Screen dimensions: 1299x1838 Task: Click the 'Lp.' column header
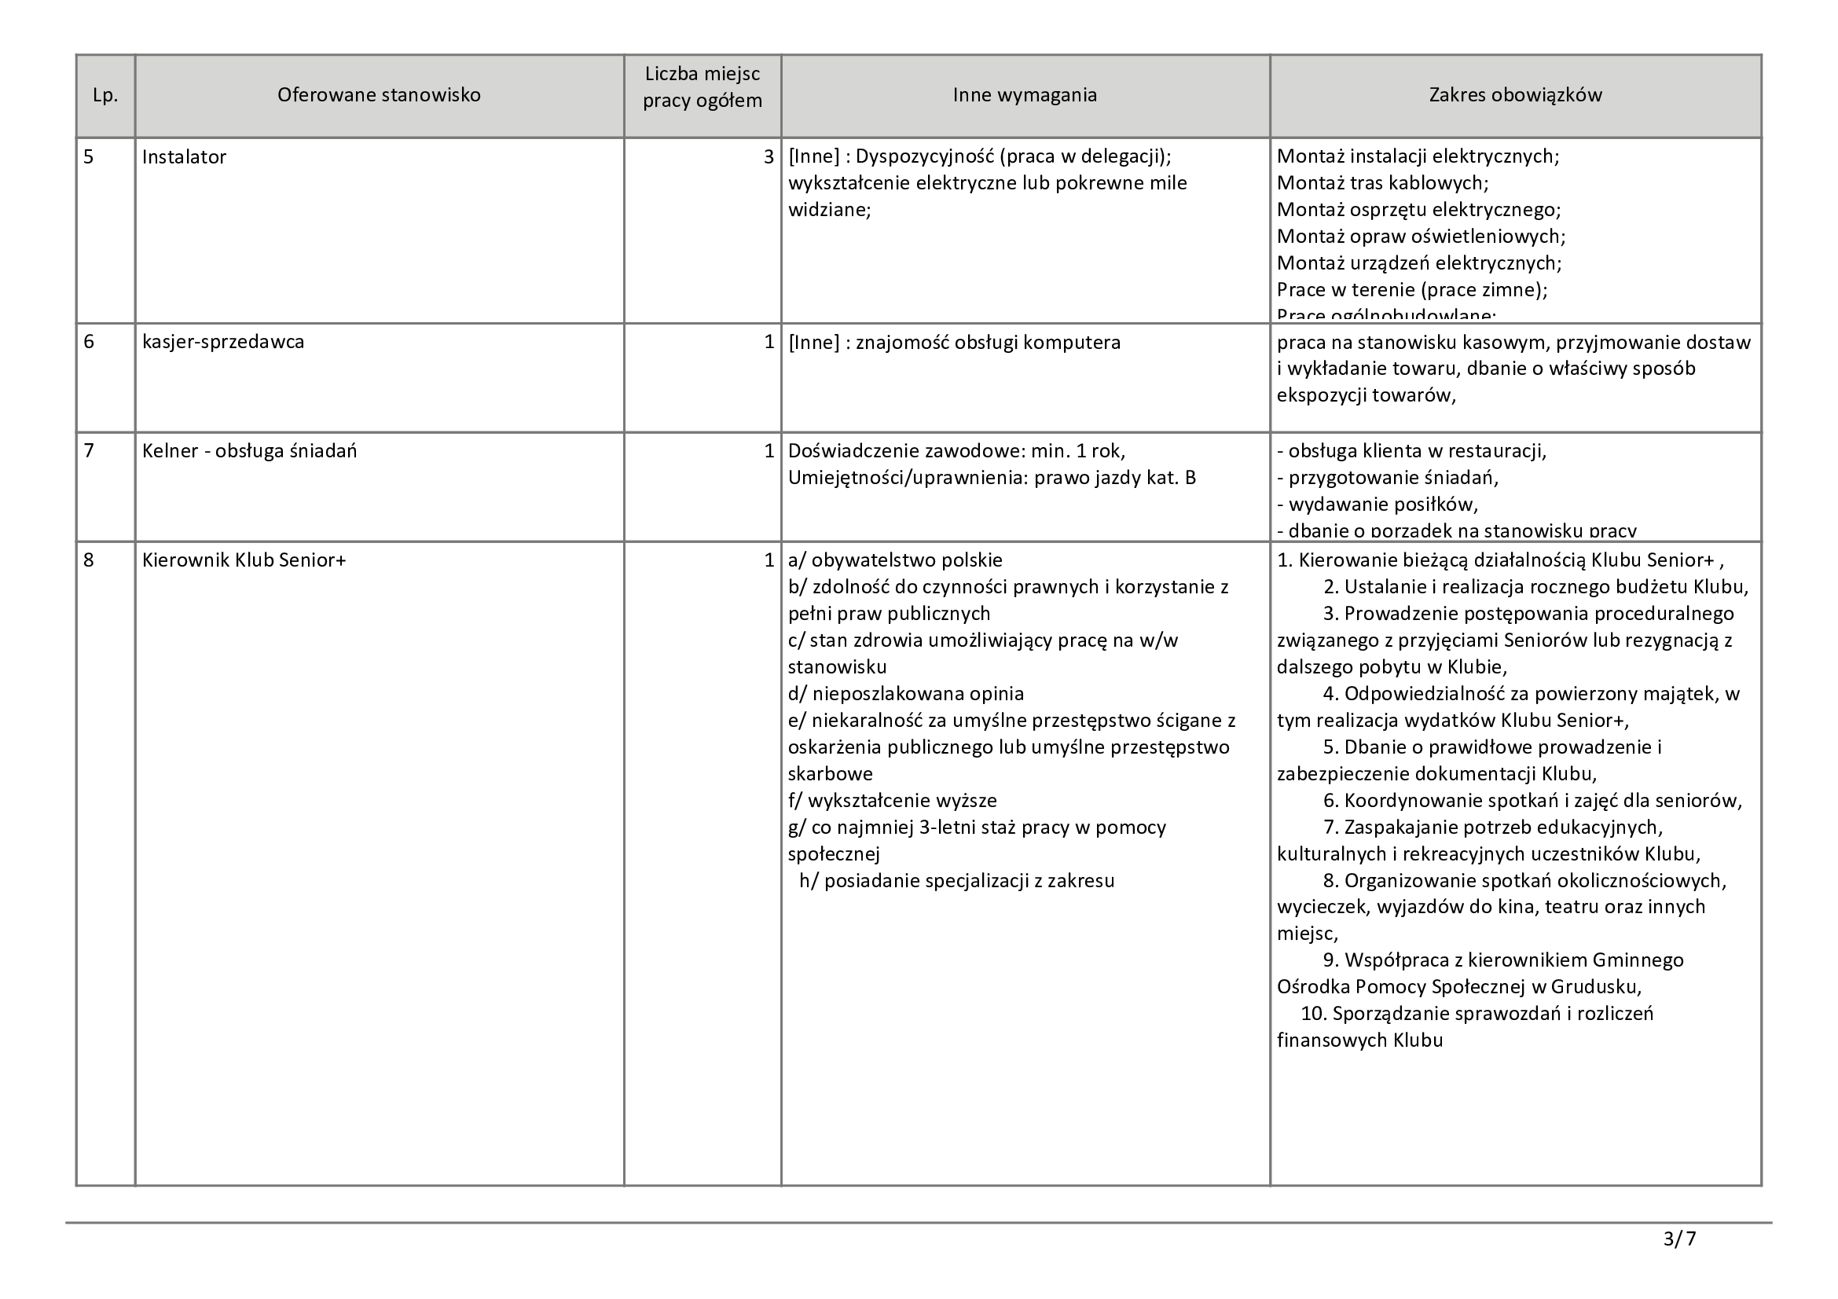[105, 95]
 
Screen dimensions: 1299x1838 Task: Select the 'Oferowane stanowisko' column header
[379, 95]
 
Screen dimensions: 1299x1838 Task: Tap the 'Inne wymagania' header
[1025, 95]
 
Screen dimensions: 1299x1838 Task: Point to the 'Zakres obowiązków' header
[1515, 95]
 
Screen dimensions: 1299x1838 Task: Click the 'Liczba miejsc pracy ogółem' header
[702, 87]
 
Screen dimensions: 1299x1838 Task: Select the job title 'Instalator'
[184, 157]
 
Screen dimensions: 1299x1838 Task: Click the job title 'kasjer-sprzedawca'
[223, 343]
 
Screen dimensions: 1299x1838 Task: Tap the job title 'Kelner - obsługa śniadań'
[250, 451]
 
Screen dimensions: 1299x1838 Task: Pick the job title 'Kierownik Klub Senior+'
[244, 560]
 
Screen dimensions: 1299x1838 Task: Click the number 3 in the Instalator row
[769, 157]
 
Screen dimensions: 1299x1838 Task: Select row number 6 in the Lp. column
[89, 343]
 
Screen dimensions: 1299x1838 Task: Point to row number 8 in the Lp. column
[89, 560]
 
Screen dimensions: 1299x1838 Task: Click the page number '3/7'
[1679, 1240]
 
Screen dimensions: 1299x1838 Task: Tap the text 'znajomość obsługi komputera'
[988, 343]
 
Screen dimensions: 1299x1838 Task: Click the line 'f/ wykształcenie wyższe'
[892, 800]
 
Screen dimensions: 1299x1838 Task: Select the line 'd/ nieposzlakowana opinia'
[905, 694]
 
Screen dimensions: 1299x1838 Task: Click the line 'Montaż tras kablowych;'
[1382, 183]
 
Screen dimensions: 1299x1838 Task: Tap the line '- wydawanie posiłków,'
[1377, 505]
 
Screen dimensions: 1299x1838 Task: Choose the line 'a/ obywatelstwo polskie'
[895, 560]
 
